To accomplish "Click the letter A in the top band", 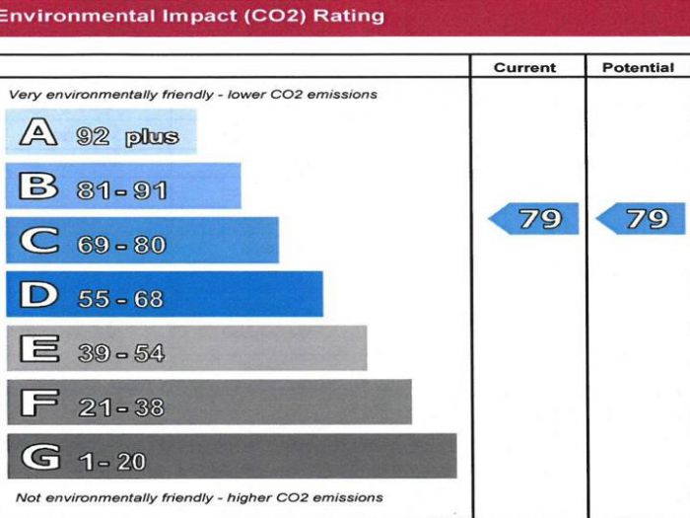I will pyautogui.click(x=36, y=132).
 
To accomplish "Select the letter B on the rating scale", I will pyautogui.click(x=37, y=185).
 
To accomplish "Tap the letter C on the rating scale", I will pyautogui.click(x=37, y=240).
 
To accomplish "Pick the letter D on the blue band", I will pyautogui.click(x=37, y=294).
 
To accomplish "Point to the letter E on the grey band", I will pyautogui.click(x=37, y=348).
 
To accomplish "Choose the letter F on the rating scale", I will pyautogui.click(x=37, y=403).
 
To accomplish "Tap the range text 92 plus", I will pyautogui.click(x=127, y=136).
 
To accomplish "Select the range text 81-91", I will pyautogui.click(x=122, y=190).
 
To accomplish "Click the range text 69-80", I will pyautogui.click(x=121, y=245).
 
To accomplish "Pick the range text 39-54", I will pyautogui.click(x=121, y=353).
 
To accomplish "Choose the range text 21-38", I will pyautogui.click(x=121, y=407).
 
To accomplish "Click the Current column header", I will pyautogui.click(x=524, y=68).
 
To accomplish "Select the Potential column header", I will pyautogui.click(x=638, y=68).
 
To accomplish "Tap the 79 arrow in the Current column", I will pyautogui.click(x=535, y=218).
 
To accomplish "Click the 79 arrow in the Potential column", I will pyautogui.click(x=643, y=218).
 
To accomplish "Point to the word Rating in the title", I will pyautogui.click(x=348, y=16).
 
